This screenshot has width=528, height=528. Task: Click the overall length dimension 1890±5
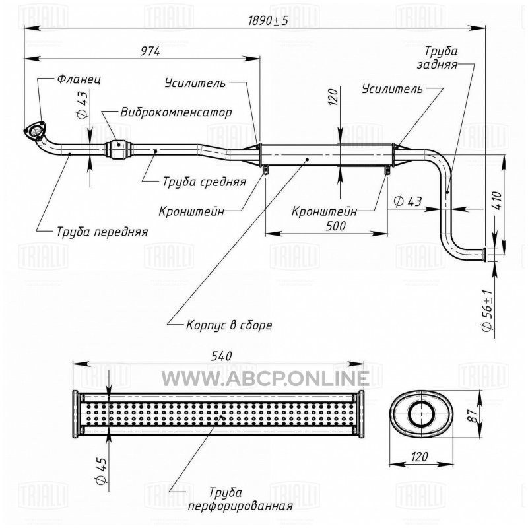(x=269, y=21)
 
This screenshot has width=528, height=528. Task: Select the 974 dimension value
(x=150, y=51)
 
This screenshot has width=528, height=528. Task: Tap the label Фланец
(x=79, y=79)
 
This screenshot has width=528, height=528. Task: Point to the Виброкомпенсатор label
(x=176, y=112)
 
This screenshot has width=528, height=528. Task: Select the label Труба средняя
(x=205, y=182)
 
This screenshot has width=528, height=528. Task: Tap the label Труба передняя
(x=102, y=232)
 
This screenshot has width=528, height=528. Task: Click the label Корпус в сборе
(x=229, y=325)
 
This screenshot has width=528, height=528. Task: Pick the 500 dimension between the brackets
(x=335, y=226)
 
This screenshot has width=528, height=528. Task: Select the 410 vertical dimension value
(x=498, y=201)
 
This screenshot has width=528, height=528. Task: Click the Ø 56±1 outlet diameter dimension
(x=488, y=310)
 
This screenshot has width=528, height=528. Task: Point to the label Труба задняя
(x=438, y=57)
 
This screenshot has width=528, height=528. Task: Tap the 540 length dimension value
(x=221, y=356)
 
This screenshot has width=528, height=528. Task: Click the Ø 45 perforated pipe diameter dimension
(x=102, y=471)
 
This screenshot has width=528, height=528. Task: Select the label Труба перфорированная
(x=240, y=499)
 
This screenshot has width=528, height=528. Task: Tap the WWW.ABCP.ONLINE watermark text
(x=265, y=378)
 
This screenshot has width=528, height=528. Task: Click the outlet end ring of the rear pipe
(x=484, y=254)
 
